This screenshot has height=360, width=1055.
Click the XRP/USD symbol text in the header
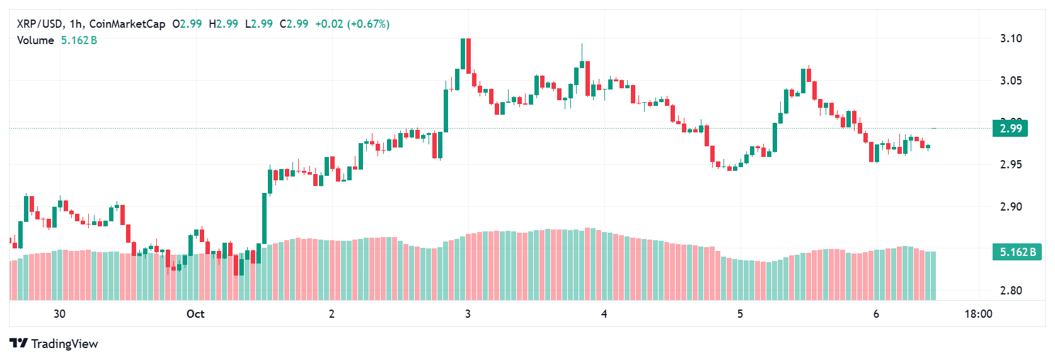tap(39, 24)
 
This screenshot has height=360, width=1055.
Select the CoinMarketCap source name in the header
tap(127, 24)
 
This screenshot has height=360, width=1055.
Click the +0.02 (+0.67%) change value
tap(352, 24)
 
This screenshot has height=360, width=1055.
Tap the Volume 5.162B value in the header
tap(79, 40)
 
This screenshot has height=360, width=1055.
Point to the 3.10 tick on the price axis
tap(1011, 38)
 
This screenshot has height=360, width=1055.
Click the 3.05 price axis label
tap(1011, 81)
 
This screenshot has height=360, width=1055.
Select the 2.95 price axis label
tap(1011, 165)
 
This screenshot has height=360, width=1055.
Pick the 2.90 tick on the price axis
tap(1011, 207)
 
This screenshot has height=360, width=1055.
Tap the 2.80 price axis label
tap(1011, 291)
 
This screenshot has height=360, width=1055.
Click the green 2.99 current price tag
tap(1010, 129)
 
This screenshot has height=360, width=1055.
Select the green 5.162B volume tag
tap(1017, 252)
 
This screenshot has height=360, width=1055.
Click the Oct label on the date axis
tap(195, 314)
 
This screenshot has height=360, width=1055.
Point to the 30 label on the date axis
tap(59, 314)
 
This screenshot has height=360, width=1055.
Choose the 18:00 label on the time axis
tap(978, 314)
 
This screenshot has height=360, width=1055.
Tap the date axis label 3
tap(468, 314)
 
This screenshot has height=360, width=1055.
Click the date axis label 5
tap(740, 314)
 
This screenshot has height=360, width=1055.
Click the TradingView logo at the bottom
tap(54, 344)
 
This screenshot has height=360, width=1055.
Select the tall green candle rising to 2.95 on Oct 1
tap(265, 218)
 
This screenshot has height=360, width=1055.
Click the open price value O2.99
tap(187, 24)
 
